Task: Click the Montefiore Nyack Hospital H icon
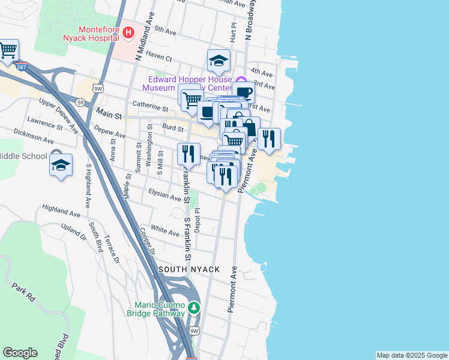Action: tap(128, 32)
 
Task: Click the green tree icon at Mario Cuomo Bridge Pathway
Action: tap(193, 308)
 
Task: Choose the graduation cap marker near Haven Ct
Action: tap(219, 60)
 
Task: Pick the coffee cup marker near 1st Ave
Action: tap(243, 92)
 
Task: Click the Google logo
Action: tap(20, 353)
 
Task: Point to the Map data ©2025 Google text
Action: tap(412, 355)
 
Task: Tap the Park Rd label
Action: tap(24, 292)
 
